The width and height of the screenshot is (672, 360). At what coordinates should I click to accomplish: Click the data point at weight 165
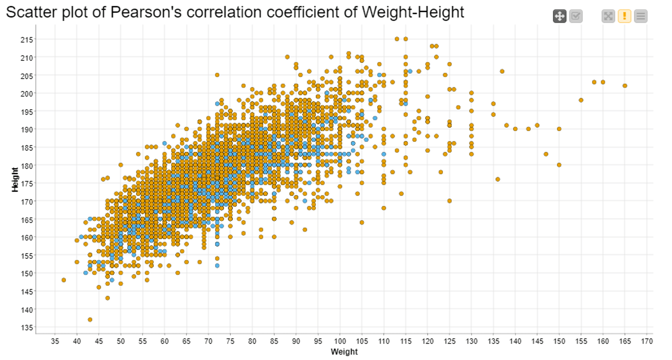pos(625,86)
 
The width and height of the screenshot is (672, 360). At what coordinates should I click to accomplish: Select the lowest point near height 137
pos(90,320)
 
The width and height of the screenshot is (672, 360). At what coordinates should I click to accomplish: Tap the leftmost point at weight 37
pos(64,280)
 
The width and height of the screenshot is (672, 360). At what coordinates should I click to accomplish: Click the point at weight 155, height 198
pos(581,100)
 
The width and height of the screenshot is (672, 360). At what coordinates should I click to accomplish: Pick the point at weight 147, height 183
pos(546,154)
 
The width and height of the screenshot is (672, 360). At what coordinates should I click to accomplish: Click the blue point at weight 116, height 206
pos(410,71)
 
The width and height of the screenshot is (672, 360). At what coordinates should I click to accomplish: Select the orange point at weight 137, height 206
pos(502,71)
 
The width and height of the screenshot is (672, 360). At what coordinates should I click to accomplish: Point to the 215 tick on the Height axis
pos(27,40)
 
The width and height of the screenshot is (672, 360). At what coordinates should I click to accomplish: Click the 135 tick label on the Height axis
pos(27,327)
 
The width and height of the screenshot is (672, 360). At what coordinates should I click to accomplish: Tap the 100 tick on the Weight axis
pos(340,341)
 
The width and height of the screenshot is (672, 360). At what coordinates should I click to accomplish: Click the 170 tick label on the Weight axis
pos(647,341)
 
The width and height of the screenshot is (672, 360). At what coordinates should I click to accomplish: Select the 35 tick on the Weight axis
pos(55,341)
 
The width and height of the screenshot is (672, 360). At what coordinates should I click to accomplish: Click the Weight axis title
pos(344,352)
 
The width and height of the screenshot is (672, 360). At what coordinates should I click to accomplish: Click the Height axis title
pos(15,179)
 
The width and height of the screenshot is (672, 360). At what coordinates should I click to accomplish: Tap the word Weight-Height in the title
pos(413,12)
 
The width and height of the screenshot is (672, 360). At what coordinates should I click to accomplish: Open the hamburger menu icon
pos(641,16)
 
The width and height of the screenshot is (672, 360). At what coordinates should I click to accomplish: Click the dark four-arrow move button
pos(559,16)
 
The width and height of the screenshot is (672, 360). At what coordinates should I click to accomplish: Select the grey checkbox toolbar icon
pos(576,16)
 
